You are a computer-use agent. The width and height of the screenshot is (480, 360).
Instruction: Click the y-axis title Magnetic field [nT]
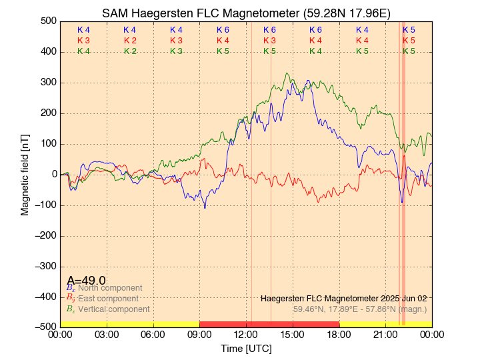[x=25, y=174]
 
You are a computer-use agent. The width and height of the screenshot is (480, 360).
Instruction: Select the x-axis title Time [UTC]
[x=246, y=349]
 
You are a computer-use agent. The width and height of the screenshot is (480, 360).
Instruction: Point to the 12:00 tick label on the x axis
[x=246, y=335]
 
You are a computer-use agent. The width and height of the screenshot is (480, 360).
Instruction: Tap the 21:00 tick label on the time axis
[x=385, y=335]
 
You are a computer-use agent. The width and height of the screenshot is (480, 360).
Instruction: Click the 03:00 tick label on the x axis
[x=107, y=335]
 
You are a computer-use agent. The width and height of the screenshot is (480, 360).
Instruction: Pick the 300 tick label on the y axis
[x=47, y=83]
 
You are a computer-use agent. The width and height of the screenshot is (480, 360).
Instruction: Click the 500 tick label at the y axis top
[x=47, y=21]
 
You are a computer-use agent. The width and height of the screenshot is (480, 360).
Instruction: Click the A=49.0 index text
[x=87, y=281]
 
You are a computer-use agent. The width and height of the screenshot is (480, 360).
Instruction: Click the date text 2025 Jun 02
[x=400, y=298]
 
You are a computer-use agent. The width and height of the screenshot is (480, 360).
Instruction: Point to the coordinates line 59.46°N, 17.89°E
[x=360, y=309]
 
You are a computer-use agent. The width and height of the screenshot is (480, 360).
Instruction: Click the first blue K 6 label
[x=223, y=30]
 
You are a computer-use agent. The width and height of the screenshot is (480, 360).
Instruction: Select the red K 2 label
[x=130, y=41]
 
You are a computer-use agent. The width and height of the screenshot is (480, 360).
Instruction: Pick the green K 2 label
[x=130, y=51]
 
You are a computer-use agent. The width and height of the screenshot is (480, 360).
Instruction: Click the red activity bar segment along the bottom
[x=269, y=324]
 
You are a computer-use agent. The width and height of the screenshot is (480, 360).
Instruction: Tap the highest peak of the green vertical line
[x=287, y=73]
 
